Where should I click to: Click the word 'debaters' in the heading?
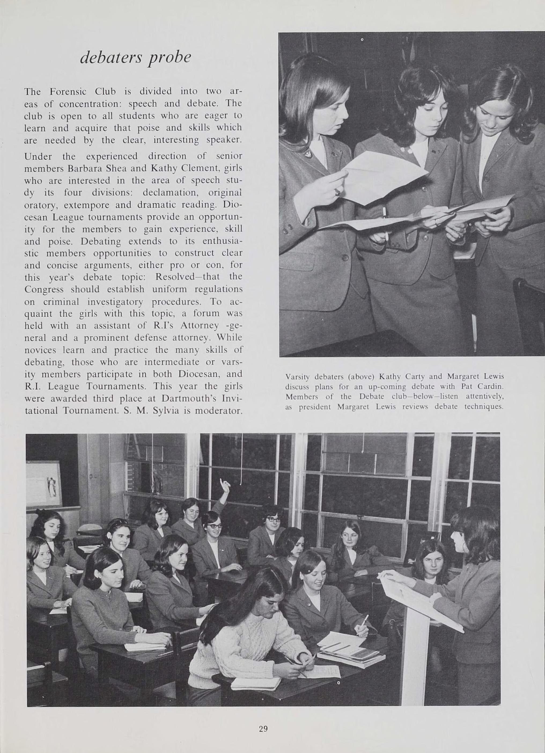click(110, 57)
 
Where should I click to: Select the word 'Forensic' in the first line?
click(68, 91)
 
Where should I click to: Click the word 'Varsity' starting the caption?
click(297, 377)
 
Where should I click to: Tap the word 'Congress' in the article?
click(44, 289)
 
